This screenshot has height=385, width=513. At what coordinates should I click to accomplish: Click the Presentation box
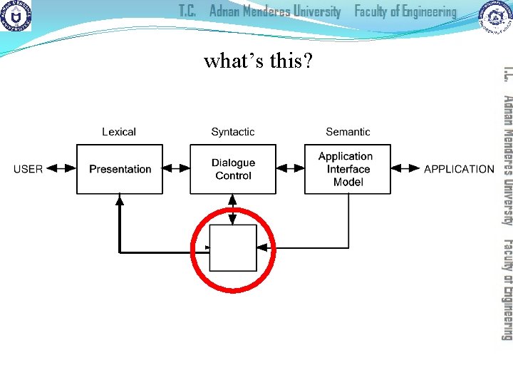pos(120,169)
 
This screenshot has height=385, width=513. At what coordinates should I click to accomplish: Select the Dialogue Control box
pos(233,169)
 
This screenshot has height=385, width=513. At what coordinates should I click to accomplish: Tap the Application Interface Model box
pos(348,169)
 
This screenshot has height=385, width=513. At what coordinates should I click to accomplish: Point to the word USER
pos(28,169)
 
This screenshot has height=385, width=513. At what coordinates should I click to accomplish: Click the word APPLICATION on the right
pos(459,169)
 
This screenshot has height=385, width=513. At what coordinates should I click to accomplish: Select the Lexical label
pos(119,132)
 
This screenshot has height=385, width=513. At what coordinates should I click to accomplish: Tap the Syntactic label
pos(233,132)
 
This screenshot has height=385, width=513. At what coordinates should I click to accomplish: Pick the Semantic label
pos(348,132)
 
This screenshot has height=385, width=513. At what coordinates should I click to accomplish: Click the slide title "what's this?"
pos(258,61)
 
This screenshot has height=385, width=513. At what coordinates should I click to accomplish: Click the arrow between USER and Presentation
pos(61,169)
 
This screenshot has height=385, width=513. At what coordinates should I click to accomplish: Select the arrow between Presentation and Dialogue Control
pos(176,169)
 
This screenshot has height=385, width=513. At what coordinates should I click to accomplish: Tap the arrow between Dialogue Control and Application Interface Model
pos(290,169)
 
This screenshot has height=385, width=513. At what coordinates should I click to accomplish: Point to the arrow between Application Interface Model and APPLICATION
pos(405,169)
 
